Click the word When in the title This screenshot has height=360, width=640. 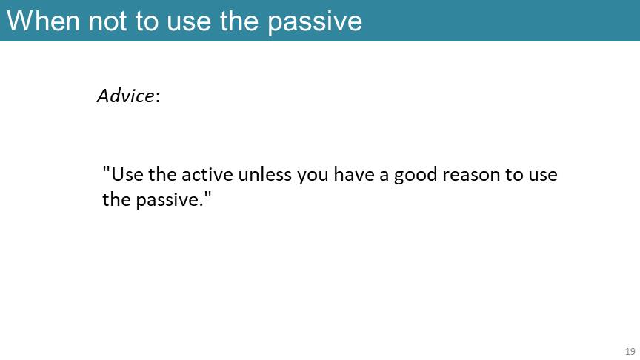click(43, 21)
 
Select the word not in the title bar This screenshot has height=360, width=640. click(107, 21)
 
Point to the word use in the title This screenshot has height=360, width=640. click(189, 23)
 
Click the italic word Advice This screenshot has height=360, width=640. click(126, 96)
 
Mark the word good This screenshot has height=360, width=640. click(415, 176)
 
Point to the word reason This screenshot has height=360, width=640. click(471, 176)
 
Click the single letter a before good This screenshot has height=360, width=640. click(384, 176)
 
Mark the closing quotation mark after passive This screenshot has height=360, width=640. click(207, 195)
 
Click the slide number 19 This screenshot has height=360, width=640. click(630, 351)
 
